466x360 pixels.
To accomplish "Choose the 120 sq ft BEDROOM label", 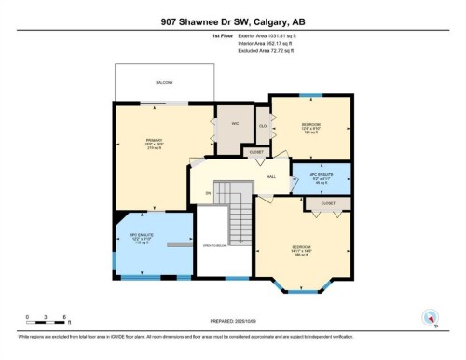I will click(310, 126).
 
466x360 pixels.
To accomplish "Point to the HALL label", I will click(272, 175).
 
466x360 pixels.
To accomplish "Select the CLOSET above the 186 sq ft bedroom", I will click(328, 202).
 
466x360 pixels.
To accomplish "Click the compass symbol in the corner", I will click(430, 315).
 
